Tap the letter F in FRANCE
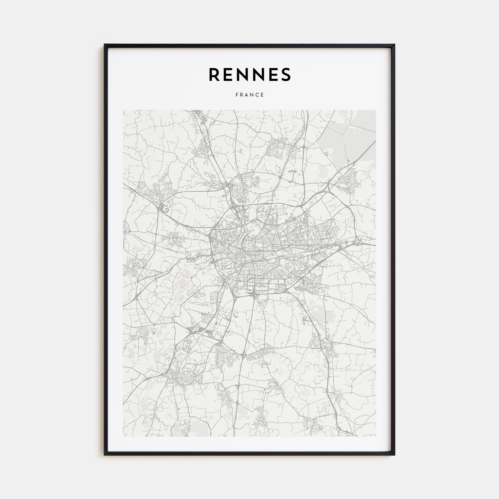(x=237, y=95)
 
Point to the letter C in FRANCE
(x=257, y=95)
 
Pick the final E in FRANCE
(x=262, y=95)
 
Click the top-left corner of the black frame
(x=104, y=44)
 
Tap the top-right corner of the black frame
(x=395, y=44)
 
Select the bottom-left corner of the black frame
(x=104, y=455)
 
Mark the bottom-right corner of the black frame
(x=395, y=455)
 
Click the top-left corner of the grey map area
(x=123, y=110)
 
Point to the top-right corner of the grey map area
(x=376, y=110)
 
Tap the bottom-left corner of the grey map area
(x=123, y=436)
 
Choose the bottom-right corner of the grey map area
(x=376, y=436)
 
